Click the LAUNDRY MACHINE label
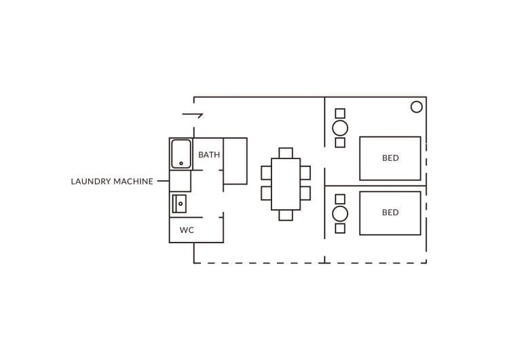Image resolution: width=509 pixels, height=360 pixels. pyautogui.click(x=112, y=181)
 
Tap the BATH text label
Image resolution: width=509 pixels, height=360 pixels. pyautogui.click(x=209, y=155)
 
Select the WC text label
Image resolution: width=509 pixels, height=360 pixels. pyautogui.click(x=187, y=230)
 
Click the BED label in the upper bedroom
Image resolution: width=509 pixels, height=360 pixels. pyautogui.click(x=390, y=158)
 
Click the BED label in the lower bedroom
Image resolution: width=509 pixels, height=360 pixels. pyautogui.click(x=390, y=213)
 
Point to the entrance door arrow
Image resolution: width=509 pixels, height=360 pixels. pyautogui.click(x=193, y=114)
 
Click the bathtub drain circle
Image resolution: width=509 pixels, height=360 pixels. pyautogui.click(x=181, y=164)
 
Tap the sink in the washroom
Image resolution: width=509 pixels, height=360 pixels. pyautogui.click(x=179, y=204)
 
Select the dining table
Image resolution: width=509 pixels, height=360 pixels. pyautogui.click(x=286, y=184)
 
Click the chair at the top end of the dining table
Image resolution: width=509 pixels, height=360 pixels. pyautogui.click(x=286, y=153)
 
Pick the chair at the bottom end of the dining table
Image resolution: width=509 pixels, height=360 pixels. pyautogui.click(x=286, y=215)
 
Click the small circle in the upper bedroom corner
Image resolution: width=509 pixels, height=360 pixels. pyautogui.click(x=417, y=107)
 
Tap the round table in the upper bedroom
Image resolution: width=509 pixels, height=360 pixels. pyautogui.click(x=340, y=128)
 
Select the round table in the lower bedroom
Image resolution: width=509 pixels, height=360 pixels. pyautogui.click(x=340, y=214)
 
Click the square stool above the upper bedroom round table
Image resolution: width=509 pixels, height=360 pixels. pyautogui.click(x=340, y=113)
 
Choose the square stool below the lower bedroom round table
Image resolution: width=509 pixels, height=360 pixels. pyautogui.click(x=340, y=228)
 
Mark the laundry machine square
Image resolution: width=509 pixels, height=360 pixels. pyautogui.click(x=180, y=181)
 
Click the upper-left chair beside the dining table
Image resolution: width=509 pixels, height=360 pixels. pyautogui.click(x=266, y=173)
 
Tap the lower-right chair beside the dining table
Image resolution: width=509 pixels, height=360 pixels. pyautogui.click(x=305, y=194)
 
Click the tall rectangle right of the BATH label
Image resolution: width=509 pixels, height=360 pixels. pyautogui.click(x=235, y=161)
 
